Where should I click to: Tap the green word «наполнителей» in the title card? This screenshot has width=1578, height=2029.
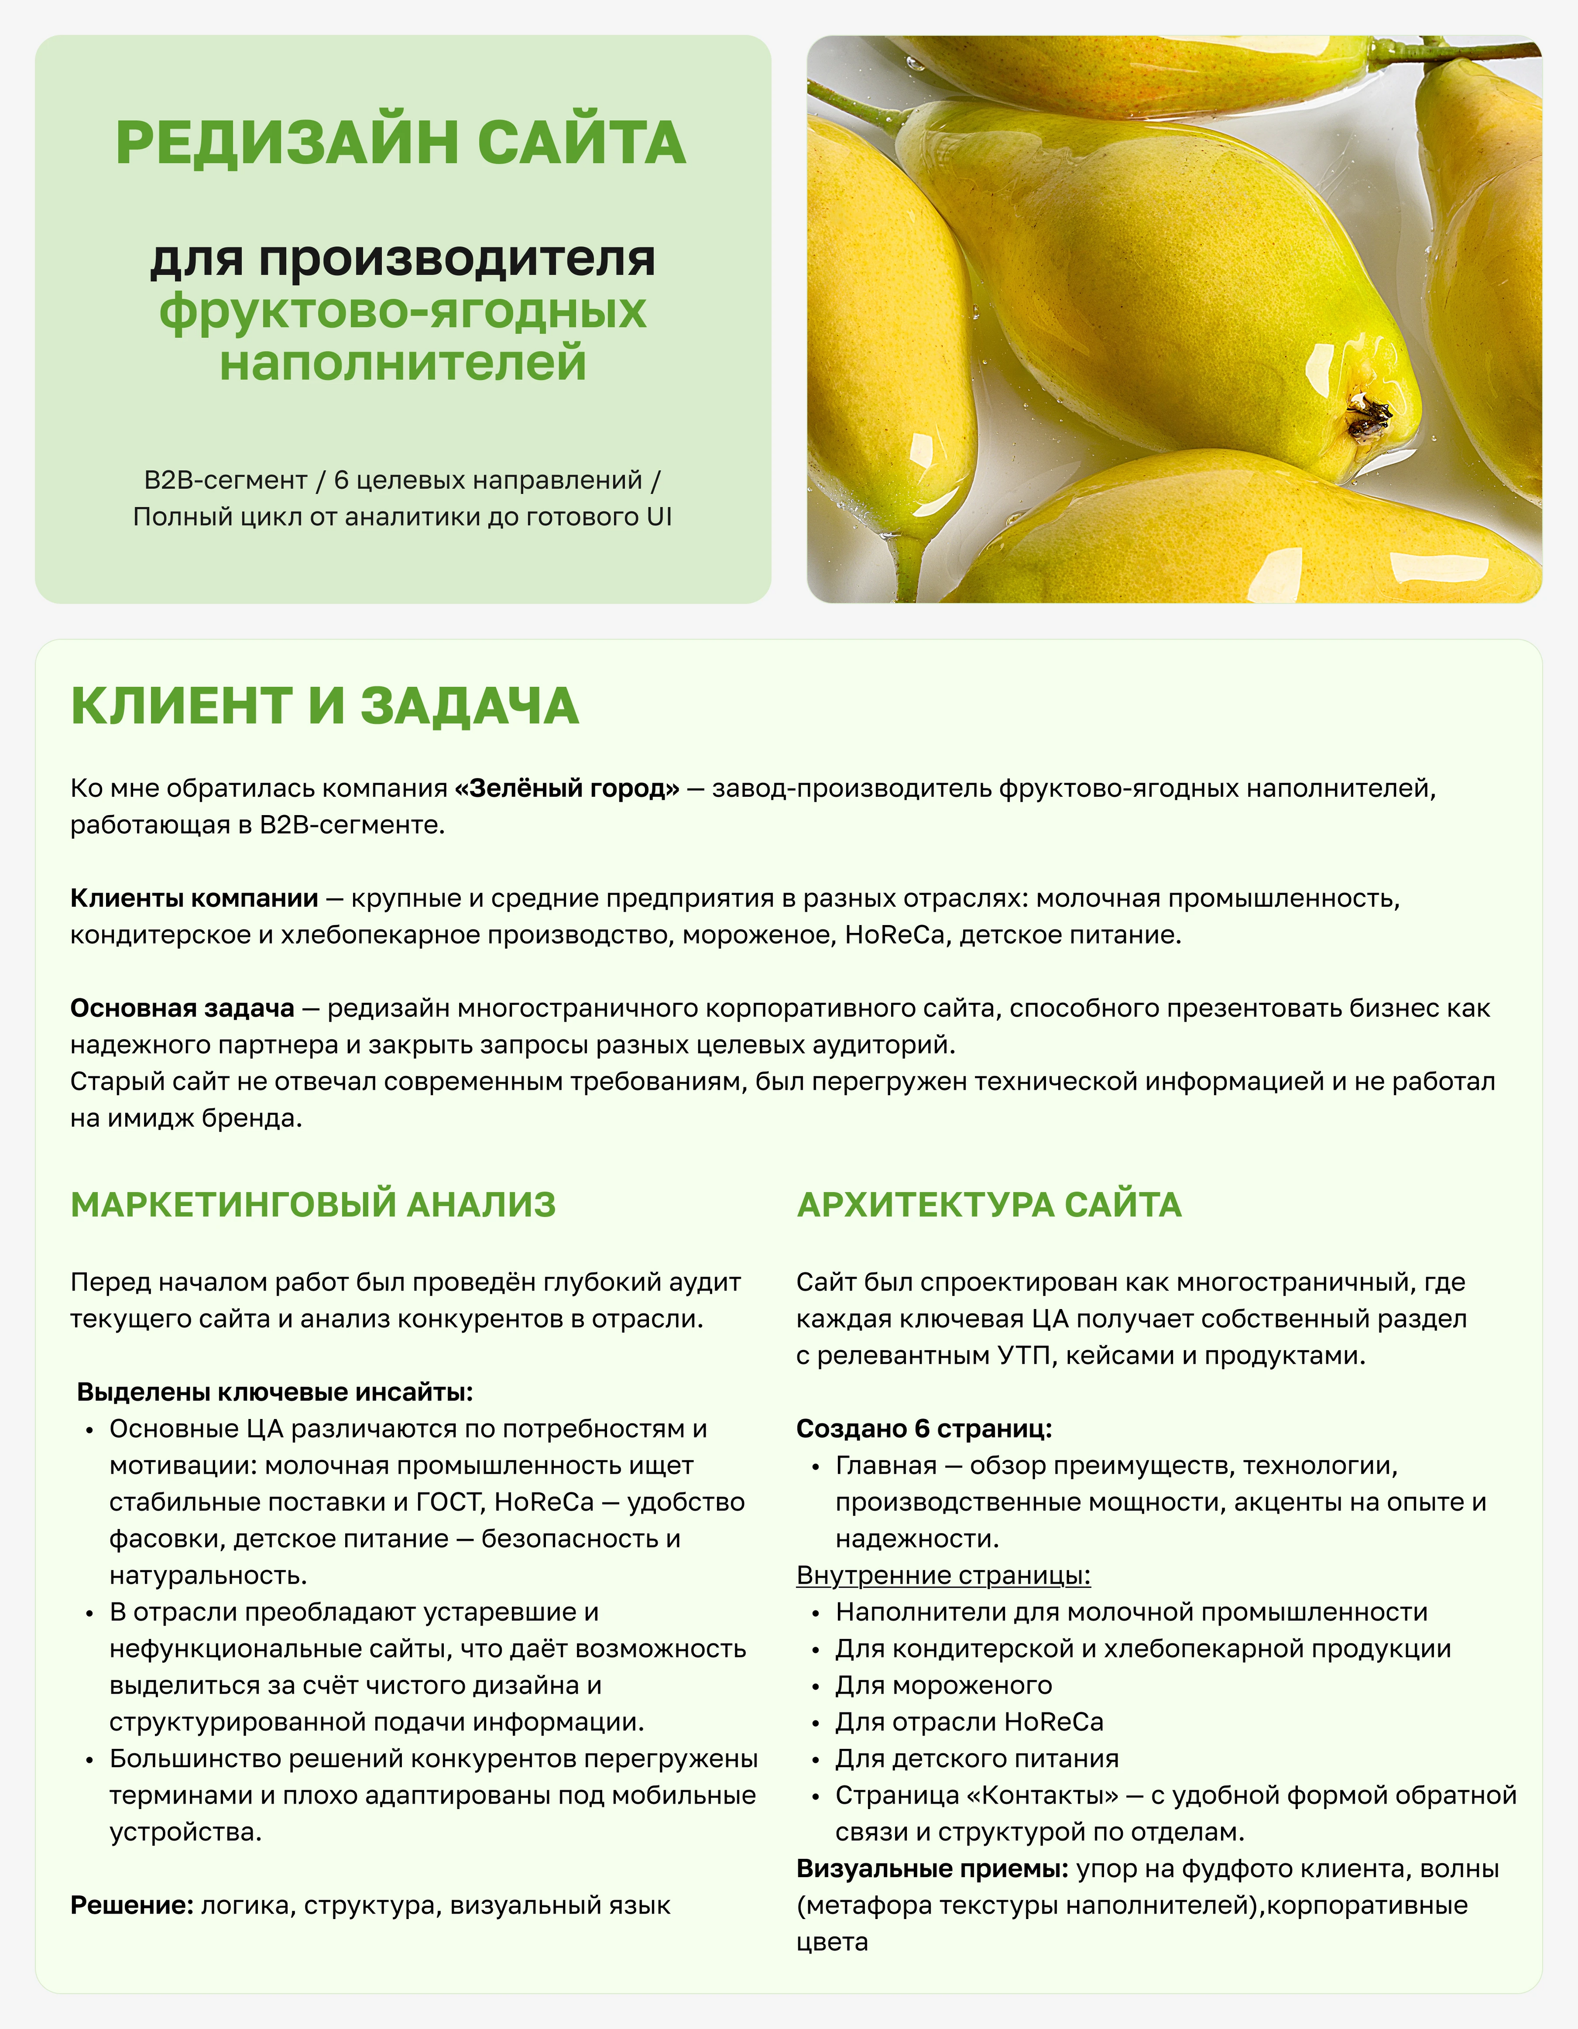402,362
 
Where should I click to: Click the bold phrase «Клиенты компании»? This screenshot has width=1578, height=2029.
194,898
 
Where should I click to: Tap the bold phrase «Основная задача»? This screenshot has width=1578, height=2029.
182,1008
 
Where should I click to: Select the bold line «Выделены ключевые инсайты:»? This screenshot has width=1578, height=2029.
275,1391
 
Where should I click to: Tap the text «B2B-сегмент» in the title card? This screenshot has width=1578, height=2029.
226,480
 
